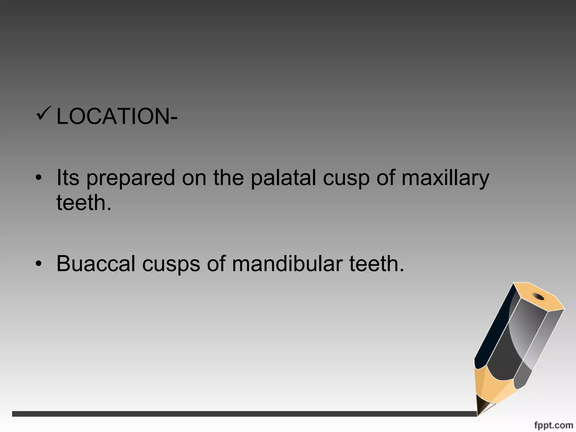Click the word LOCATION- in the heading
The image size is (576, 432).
pos(117,116)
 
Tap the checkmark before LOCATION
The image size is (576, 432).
pos(43,113)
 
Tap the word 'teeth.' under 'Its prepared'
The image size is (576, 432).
pos(84,202)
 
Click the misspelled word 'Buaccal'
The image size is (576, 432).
pos(96,264)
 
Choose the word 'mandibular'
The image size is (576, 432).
pos(287,264)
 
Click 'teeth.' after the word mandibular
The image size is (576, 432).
pos(376,264)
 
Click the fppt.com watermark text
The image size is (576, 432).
pos(553,426)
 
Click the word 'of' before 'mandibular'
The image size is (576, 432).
pos(216,264)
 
